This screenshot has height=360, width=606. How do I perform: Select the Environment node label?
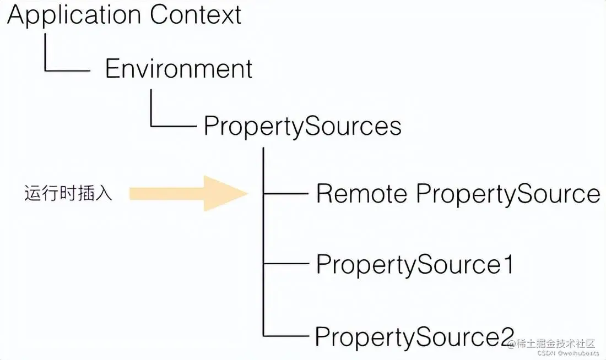178,69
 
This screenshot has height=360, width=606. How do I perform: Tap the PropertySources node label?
302,126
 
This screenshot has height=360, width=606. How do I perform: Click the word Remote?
361,194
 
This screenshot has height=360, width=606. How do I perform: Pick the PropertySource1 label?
414,265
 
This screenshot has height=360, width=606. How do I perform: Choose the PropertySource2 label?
414,336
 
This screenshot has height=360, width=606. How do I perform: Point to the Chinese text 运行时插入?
68,194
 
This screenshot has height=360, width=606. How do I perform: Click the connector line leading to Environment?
66,70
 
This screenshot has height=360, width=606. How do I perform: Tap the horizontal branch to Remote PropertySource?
286,194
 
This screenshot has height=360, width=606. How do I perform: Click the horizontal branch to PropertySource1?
286,264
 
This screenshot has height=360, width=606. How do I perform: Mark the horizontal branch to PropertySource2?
286,335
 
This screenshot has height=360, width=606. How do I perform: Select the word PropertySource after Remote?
507,194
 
